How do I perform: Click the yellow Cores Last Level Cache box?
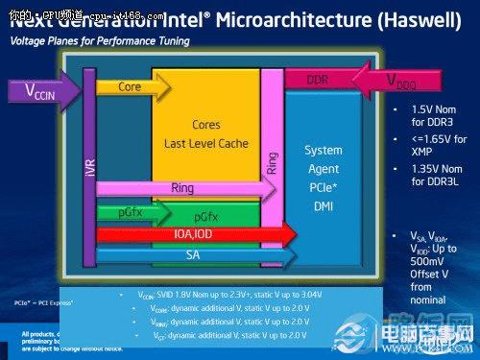[206, 134]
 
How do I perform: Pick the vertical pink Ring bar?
[272, 154]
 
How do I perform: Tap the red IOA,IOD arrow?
[192, 234]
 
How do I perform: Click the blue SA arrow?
[192, 254]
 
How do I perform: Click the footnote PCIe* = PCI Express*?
[45, 302]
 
